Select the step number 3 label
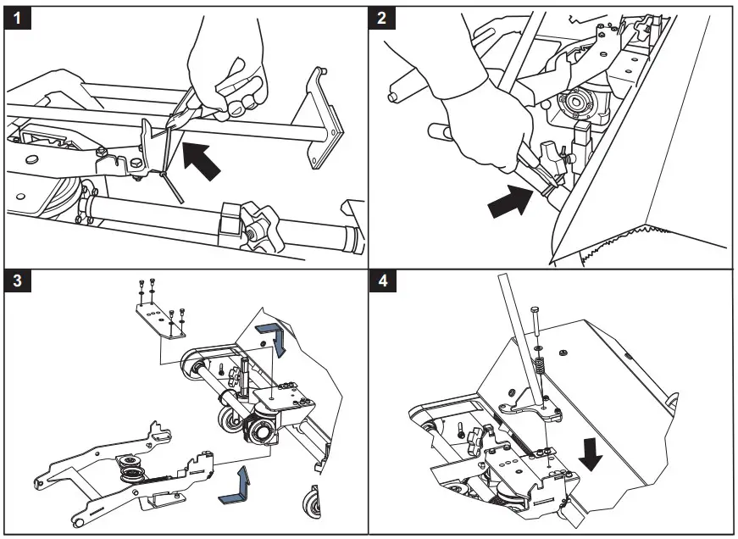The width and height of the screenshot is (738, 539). pos(18,283)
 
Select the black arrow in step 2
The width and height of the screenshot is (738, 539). pos(512,202)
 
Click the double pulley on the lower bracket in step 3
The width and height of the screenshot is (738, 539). pos(133,471)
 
